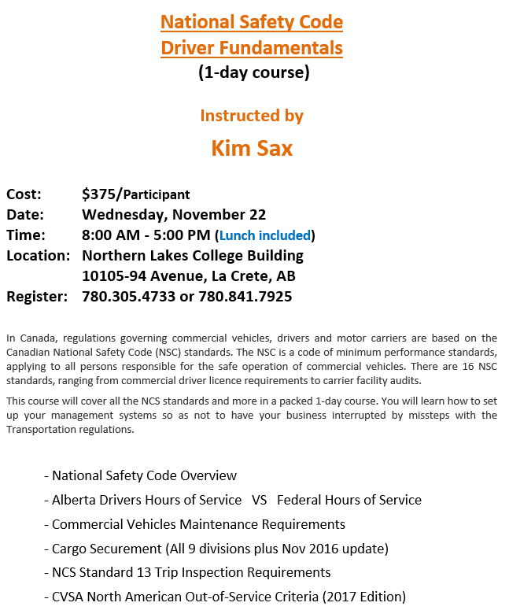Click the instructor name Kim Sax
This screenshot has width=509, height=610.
(x=252, y=148)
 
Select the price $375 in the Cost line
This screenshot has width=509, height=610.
(x=98, y=194)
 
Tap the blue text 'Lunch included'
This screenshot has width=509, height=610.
(x=265, y=235)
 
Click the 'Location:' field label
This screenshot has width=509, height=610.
(x=39, y=256)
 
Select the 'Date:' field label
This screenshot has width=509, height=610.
(x=25, y=215)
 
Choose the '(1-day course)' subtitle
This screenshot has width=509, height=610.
(x=253, y=73)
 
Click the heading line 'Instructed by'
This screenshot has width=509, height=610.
(x=252, y=116)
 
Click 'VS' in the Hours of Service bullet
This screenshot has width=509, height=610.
(x=260, y=500)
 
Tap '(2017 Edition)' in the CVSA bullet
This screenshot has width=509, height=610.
(x=363, y=597)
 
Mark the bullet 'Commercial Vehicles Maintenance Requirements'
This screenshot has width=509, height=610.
(x=198, y=524)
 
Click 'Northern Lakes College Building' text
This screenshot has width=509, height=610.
(x=193, y=256)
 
